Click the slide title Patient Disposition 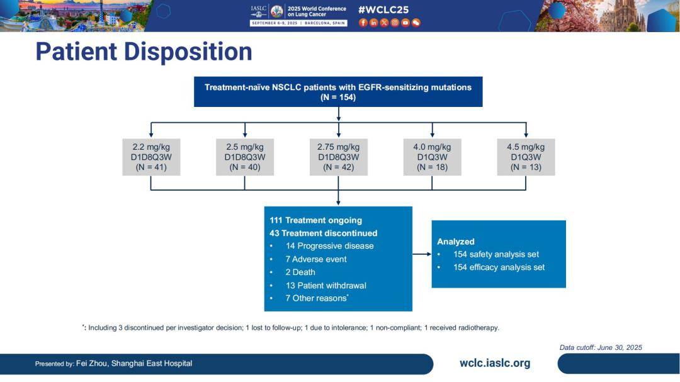(x=144, y=52)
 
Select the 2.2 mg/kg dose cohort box (x=151, y=157)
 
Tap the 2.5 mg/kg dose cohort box (x=244, y=157)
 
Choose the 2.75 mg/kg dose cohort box (x=338, y=157)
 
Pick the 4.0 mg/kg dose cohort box (x=432, y=157)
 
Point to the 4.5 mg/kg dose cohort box (x=526, y=157)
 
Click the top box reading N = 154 (x=338, y=92)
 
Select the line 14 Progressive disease (x=329, y=246)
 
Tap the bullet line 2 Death (x=300, y=272)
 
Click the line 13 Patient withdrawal (x=326, y=285)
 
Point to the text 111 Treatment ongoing (x=315, y=220)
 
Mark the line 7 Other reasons (x=317, y=298)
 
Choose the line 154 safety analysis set (x=496, y=254)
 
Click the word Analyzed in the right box (x=455, y=242)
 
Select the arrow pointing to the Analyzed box (x=422, y=254)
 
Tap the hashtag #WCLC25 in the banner (x=383, y=10)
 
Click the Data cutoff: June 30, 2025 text (x=601, y=347)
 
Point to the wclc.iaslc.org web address (x=495, y=363)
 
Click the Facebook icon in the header (x=363, y=23)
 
